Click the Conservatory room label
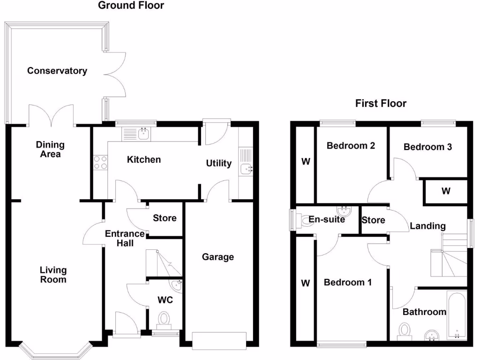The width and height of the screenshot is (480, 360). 57,71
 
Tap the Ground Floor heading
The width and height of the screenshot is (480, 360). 131,5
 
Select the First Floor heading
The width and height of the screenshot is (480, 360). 381,104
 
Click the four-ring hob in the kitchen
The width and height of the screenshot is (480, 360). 100,163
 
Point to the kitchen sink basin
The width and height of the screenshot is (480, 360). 143,134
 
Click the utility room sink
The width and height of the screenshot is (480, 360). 247,168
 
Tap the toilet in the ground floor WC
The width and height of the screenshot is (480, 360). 164,321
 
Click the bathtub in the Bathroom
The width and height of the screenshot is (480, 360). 457,316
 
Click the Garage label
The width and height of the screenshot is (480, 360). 218,257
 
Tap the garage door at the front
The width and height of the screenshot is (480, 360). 219,341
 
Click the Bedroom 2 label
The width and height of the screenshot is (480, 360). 351,145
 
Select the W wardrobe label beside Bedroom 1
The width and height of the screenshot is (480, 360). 306,283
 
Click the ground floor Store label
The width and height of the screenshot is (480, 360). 165,218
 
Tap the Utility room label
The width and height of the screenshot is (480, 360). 218,163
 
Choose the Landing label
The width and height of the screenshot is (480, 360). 427,226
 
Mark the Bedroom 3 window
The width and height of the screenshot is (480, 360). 438,123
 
